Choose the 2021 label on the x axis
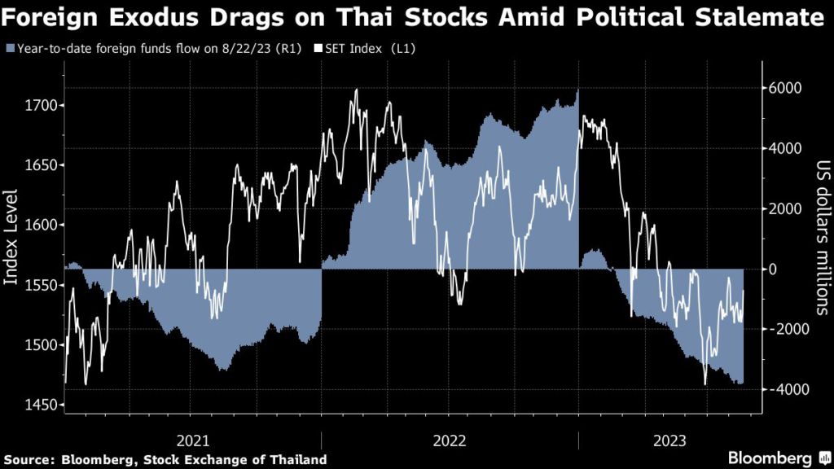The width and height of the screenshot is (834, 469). tap(194, 440)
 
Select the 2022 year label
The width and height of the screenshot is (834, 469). tap(450, 440)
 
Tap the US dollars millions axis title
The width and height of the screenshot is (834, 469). tap(820, 238)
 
